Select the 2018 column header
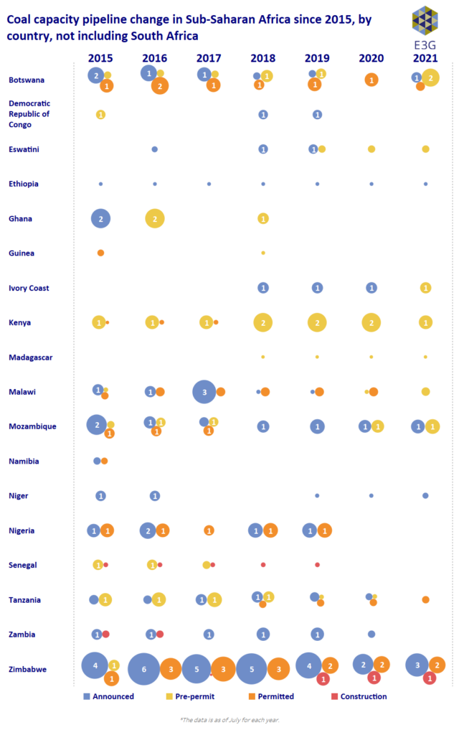(x=262, y=57)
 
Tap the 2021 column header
(x=425, y=57)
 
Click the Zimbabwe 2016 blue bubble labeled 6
(x=143, y=669)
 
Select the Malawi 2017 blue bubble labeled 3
(x=204, y=391)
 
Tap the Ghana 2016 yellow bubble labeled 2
(x=155, y=218)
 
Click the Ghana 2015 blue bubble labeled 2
(x=101, y=218)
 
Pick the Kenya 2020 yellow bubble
(x=371, y=322)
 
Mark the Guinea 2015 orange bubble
(x=100, y=253)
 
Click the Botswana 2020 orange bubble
(x=371, y=80)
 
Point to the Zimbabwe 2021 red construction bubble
(x=430, y=678)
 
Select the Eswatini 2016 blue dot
(x=154, y=149)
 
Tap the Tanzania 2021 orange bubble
(x=425, y=599)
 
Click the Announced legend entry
(x=108, y=696)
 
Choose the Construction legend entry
(x=358, y=696)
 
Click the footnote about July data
(x=229, y=719)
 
